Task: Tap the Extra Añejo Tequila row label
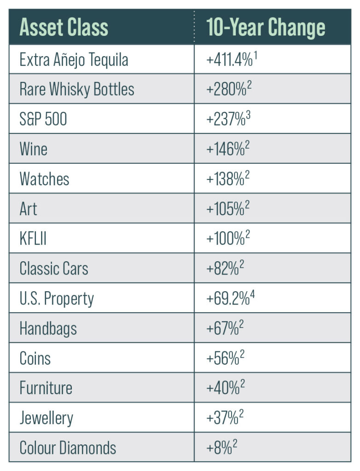tap(74, 60)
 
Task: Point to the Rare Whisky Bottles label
tap(76, 89)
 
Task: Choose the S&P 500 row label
tap(43, 119)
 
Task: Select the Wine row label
tap(33, 149)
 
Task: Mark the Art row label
tap(28, 209)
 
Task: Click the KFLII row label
tap(33, 239)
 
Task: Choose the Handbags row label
tap(48, 328)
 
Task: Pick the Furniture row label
tap(46, 388)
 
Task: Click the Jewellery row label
tap(46, 418)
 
